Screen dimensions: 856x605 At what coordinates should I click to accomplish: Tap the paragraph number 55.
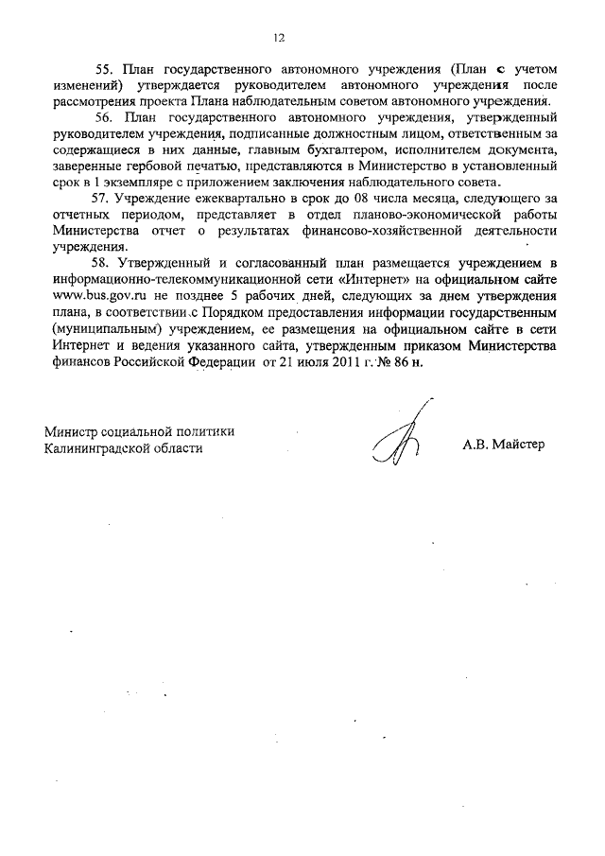point(104,70)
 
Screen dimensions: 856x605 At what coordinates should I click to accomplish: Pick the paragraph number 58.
point(104,260)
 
